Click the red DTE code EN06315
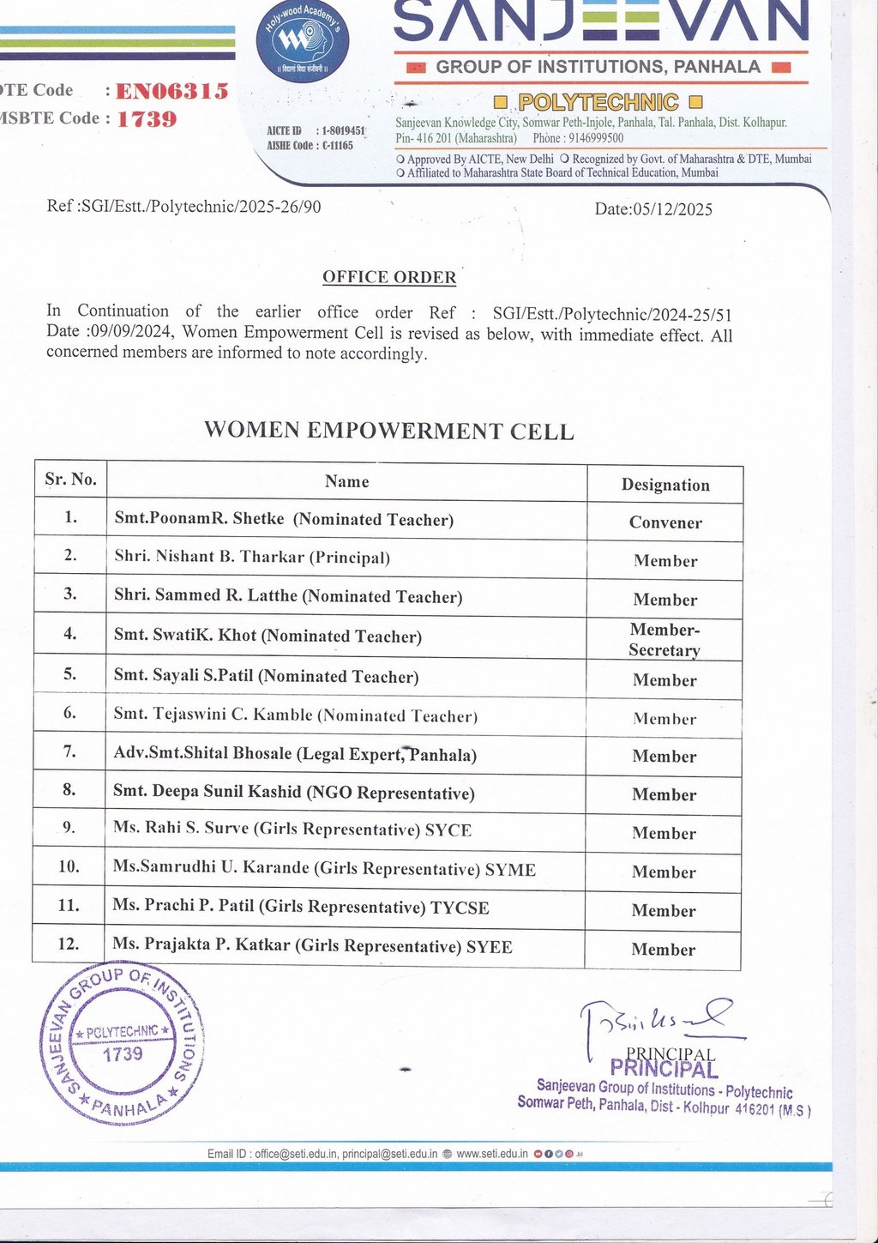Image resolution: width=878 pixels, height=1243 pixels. (171, 91)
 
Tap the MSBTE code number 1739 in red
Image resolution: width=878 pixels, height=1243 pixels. (147, 119)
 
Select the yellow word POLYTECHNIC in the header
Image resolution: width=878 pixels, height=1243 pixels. (598, 103)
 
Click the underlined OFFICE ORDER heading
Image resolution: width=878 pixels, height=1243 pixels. (389, 277)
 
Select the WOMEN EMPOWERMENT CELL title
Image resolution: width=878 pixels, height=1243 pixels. (388, 431)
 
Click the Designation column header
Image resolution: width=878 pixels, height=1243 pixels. (665, 485)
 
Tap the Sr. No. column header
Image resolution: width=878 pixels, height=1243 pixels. (70, 479)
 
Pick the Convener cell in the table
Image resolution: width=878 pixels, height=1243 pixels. (665, 522)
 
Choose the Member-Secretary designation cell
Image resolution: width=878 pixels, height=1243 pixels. (665, 640)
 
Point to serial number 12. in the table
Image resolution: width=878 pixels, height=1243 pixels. (69, 944)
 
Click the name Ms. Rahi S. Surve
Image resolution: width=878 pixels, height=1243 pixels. (181, 829)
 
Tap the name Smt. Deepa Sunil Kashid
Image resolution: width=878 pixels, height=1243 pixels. (207, 792)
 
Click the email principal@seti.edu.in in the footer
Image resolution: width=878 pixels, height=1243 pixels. (389, 1154)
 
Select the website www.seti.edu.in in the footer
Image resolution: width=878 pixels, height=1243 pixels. (491, 1154)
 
